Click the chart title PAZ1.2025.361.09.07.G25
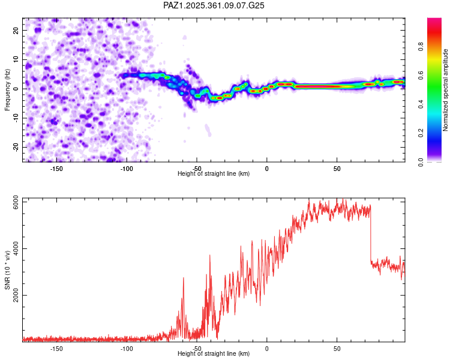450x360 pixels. (214, 5)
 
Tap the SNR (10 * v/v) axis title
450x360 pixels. (7, 269)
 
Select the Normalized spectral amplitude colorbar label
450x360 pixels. (446, 91)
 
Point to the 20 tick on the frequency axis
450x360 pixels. (16, 30)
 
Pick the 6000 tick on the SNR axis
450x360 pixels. (13, 202)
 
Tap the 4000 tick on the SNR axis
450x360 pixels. (13, 249)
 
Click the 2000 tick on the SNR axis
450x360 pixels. (13, 295)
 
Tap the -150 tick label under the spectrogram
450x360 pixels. (56, 169)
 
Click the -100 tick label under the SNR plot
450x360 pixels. (127, 349)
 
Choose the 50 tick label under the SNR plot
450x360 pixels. (337, 349)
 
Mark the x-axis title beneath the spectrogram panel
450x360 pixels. (214, 174)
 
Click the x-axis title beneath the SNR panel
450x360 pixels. (214, 354)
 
